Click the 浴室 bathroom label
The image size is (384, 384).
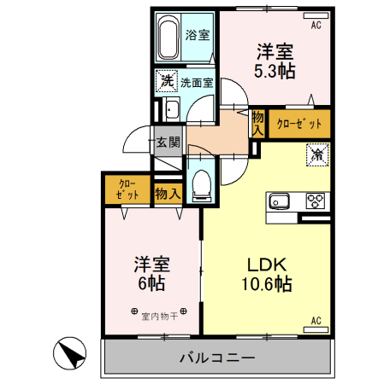click(x=197, y=36)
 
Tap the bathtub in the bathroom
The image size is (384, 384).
click(x=168, y=36)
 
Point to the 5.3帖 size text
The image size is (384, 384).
click(x=274, y=71)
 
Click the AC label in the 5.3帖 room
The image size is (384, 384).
click(x=316, y=26)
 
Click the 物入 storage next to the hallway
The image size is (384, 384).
click(x=257, y=123)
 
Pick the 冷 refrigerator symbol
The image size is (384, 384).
click(x=316, y=155)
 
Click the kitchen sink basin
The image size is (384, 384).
click(x=281, y=202)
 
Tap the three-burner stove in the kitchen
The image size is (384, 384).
click(x=316, y=202)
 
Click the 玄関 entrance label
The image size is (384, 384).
click(x=166, y=142)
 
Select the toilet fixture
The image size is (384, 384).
click(x=202, y=183)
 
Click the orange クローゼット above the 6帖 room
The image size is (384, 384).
click(x=127, y=189)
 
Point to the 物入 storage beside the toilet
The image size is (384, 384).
click(x=167, y=194)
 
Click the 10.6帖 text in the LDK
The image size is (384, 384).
click(x=266, y=283)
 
